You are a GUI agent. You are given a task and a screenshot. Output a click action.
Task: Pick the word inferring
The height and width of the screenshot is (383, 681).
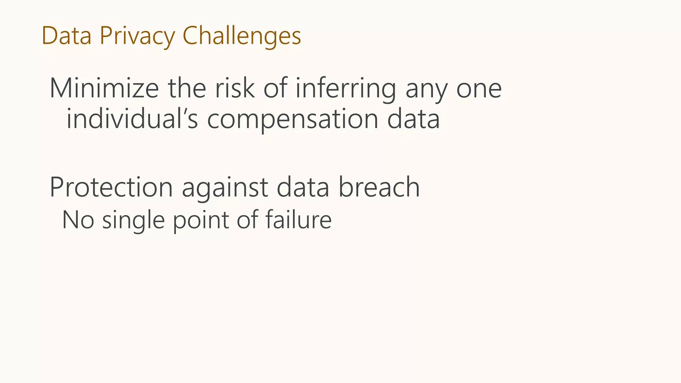345,89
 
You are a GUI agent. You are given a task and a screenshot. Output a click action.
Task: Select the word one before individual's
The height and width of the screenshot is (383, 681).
479,89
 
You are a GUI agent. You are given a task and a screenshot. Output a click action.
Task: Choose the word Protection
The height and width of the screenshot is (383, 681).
111,187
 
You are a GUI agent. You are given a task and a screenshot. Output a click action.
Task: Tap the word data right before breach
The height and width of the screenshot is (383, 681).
303,187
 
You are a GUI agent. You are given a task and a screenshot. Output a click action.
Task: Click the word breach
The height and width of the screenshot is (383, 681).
379,187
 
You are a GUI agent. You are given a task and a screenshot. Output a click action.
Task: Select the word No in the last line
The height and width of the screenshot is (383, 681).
78,220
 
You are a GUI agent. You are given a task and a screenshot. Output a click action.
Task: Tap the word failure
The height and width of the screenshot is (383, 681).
298,220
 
